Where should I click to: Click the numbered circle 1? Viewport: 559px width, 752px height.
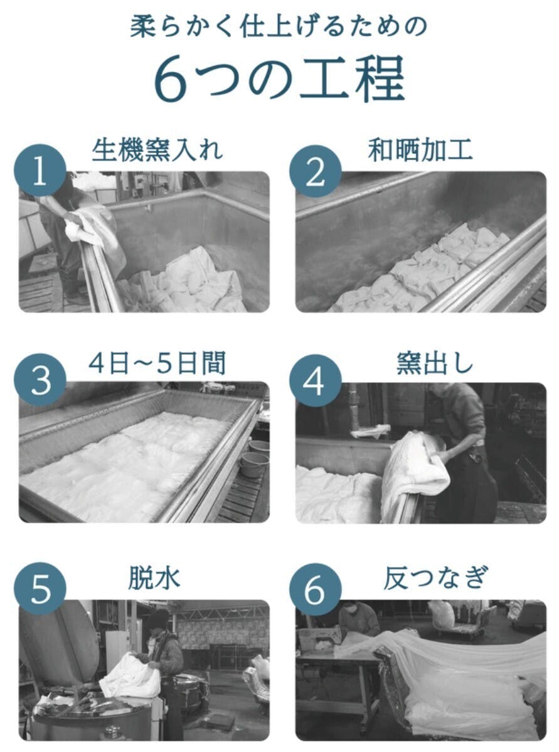point(40,170)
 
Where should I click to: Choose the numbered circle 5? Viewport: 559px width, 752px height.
point(40,589)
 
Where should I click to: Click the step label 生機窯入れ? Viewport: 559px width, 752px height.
point(157,149)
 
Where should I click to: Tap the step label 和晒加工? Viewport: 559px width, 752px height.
point(420,149)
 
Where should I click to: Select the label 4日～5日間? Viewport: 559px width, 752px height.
point(157,363)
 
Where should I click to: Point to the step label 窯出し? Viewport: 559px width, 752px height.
point(435,363)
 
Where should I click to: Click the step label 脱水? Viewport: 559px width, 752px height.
point(154,577)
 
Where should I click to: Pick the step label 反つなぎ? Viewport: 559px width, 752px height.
point(435,577)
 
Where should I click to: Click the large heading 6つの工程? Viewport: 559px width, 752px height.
point(280,78)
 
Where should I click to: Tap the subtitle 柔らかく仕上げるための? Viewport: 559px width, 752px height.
point(279,26)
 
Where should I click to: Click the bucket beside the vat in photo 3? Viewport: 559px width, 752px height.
point(255,464)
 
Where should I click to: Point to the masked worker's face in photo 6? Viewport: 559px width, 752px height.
point(349,610)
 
